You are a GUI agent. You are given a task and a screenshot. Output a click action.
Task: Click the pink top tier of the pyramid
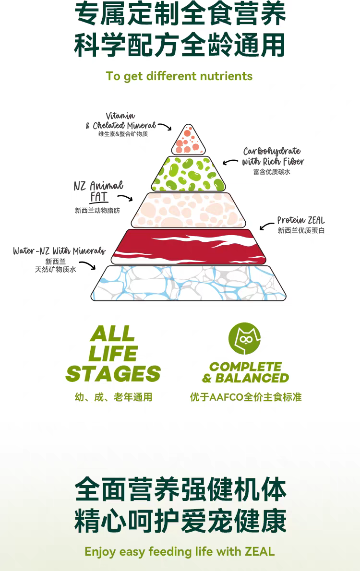(x=189, y=140)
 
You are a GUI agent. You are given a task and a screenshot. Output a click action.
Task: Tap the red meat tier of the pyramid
(x=189, y=246)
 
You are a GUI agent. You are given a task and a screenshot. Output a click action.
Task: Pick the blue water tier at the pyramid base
(x=189, y=283)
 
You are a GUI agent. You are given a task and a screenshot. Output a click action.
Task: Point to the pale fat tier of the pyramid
(x=189, y=210)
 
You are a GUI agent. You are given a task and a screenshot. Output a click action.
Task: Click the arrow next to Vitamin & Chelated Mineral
(x=164, y=126)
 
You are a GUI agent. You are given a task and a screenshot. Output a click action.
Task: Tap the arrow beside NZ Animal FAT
(x=125, y=198)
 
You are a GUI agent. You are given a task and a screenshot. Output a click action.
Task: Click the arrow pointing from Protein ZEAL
(x=267, y=226)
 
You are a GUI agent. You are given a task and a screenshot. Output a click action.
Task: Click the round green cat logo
(x=244, y=338)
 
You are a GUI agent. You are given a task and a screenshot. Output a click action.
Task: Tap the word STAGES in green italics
(x=113, y=374)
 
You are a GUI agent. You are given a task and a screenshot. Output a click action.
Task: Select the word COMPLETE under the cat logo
(x=246, y=367)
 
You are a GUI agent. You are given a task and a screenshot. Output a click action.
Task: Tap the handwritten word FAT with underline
(x=99, y=197)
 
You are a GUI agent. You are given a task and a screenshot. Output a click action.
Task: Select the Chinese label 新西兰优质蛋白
(x=301, y=231)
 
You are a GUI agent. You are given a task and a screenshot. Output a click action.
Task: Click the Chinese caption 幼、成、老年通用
(x=113, y=397)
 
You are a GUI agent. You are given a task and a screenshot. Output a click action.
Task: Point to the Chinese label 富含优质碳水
(x=272, y=172)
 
